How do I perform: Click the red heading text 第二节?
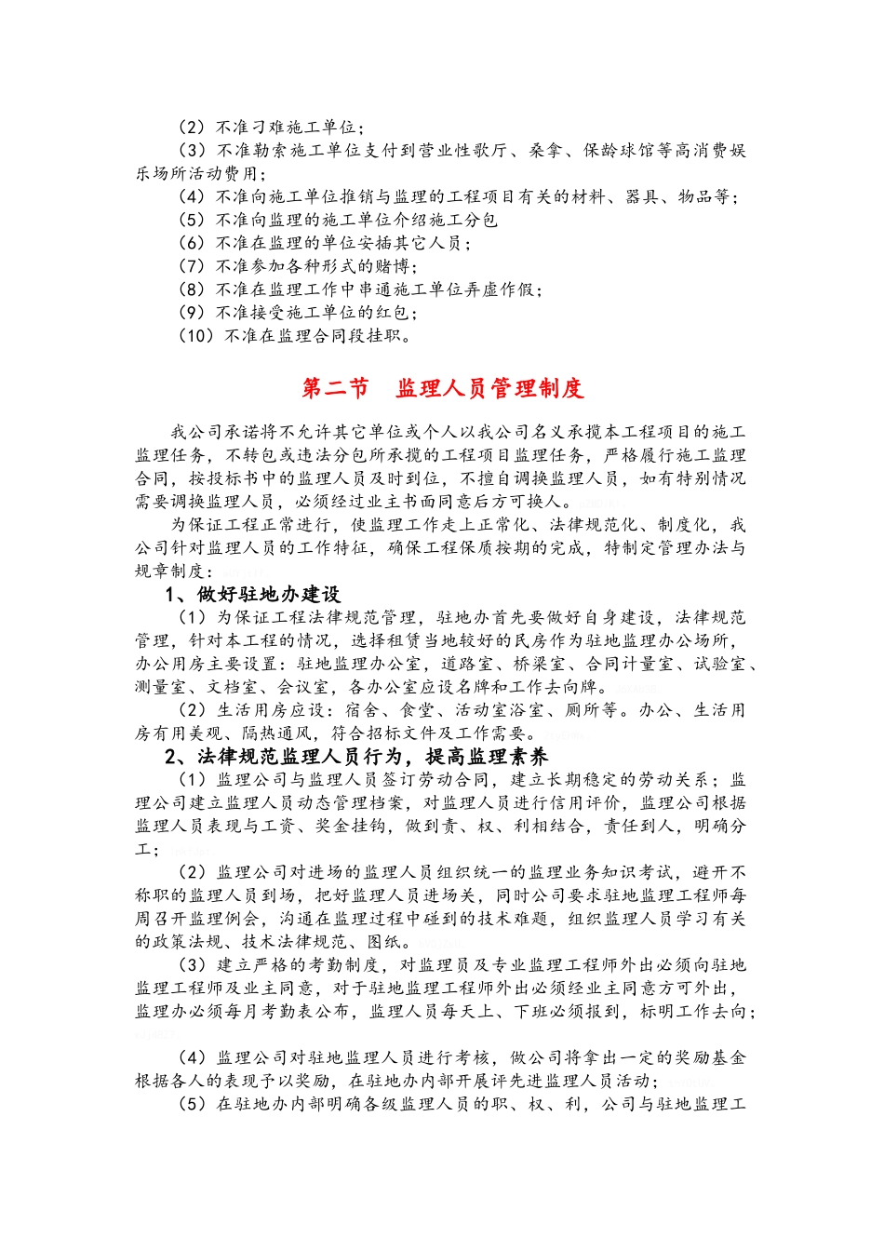click(x=335, y=388)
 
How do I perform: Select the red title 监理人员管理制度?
click(x=489, y=388)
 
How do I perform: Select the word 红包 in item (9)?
click(x=394, y=313)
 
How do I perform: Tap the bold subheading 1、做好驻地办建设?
click(x=253, y=595)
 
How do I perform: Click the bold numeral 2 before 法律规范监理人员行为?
click(x=171, y=757)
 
